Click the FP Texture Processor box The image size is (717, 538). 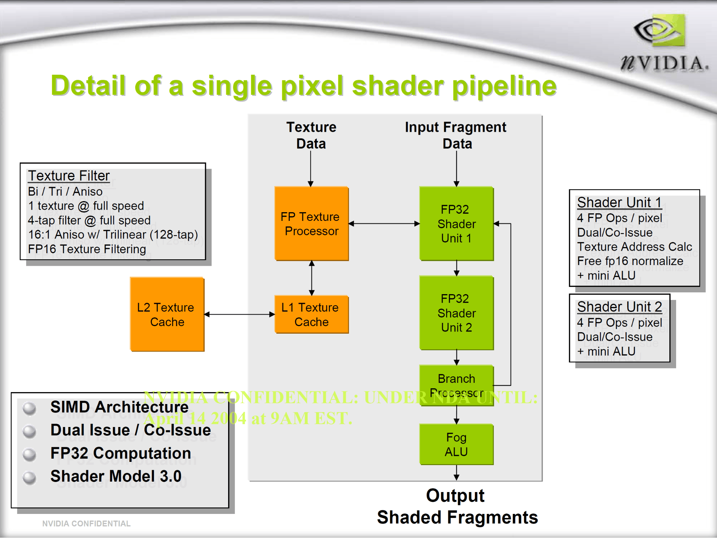pyautogui.click(x=311, y=223)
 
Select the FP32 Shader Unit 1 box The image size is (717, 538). pyautogui.click(x=456, y=223)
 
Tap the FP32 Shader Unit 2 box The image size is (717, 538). pyautogui.click(x=456, y=313)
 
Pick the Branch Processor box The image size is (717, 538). pyautogui.click(x=456, y=386)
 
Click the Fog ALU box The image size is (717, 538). pyautogui.click(x=456, y=445)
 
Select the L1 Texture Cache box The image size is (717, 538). pyautogui.click(x=311, y=315)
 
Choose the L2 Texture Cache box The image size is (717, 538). pyautogui.click(x=167, y=314)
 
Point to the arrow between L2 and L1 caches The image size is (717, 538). pyautogui.click(x=240, y=315)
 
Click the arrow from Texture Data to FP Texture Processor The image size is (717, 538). pyautogui.click(x=311, y=168)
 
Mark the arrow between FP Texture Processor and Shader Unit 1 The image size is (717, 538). pyautogui.click(x=384, y=223)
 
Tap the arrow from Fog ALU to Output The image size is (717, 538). pyautogui.click(x=456, y=473)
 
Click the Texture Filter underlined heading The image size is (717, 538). pyautogui.click(x=69, y=176)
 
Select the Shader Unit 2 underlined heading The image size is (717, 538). pyautogui.click(x=619, y=307)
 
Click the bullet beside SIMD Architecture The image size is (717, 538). pyautogui.click(x=29, y=408)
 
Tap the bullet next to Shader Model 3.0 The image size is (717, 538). pyautogui.click(x=29, y=477)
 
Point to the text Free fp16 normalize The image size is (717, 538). pyautogui.click(x=630, y=261)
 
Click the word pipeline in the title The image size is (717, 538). pyautogui.click(x=505, y=86)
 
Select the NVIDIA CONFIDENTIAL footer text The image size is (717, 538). pyautogui.click(x=86, y=524)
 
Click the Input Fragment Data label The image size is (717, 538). pyautogui.click(x=456, y=135)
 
